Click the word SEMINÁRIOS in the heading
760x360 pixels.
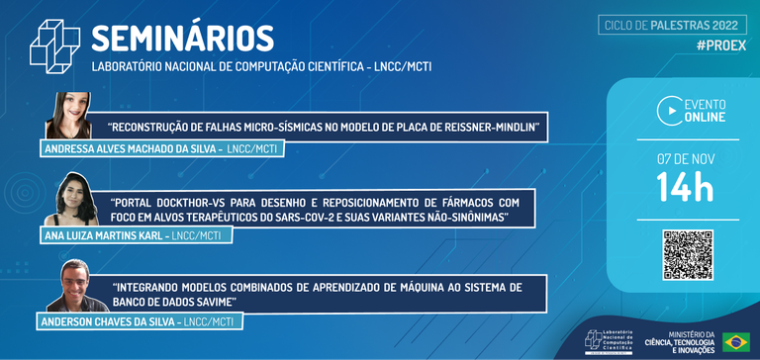click(182, 38)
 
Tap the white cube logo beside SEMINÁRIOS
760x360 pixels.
click(54, 45)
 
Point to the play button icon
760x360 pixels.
click(669, 110)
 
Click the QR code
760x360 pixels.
click(687, 254)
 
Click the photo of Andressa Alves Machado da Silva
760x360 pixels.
click(69, 116)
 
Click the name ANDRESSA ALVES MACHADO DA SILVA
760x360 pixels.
click(131, 148)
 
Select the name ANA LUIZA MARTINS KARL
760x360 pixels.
click(104, 235)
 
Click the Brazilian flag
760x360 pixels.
click(735, 341)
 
